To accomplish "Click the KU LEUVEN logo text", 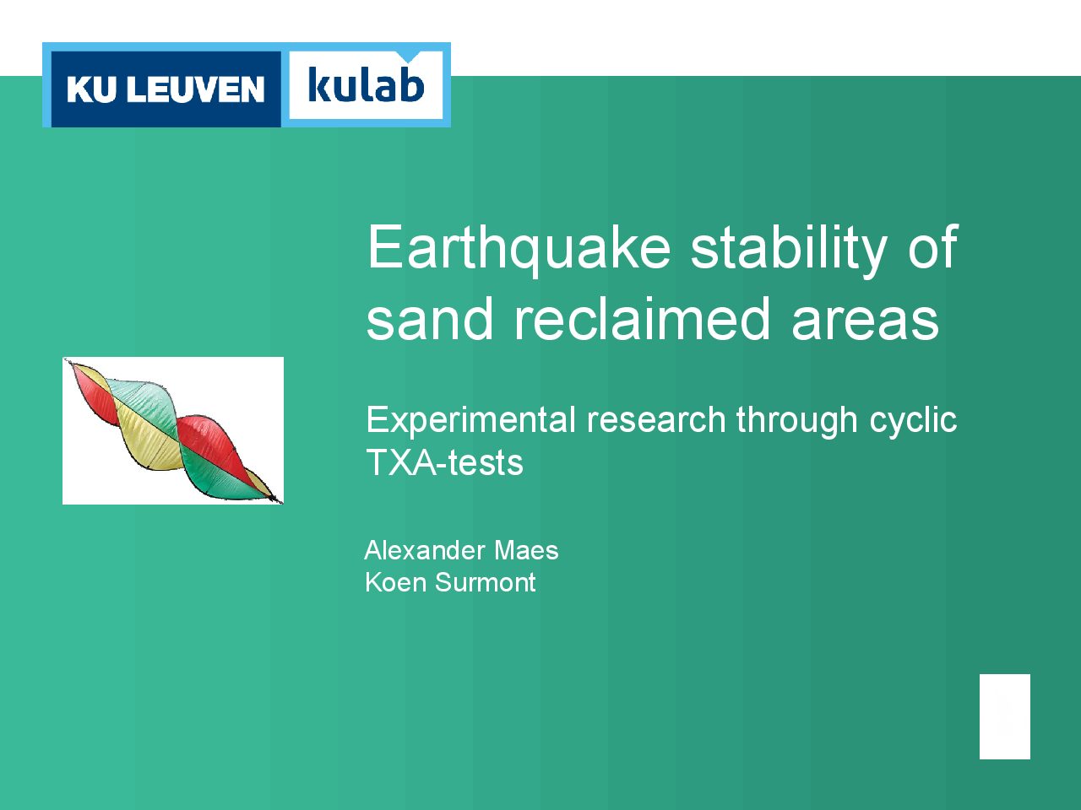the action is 166,89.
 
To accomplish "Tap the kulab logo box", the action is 366,85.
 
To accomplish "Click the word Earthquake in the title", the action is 519,248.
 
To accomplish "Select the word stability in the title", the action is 789,248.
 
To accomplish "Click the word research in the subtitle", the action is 656,421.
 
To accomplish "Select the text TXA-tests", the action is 445,462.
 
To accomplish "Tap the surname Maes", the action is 526,550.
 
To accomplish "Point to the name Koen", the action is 396,583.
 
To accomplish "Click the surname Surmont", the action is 485,583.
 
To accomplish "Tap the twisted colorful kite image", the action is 173,431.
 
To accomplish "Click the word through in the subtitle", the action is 797,421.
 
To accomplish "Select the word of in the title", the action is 932,248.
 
